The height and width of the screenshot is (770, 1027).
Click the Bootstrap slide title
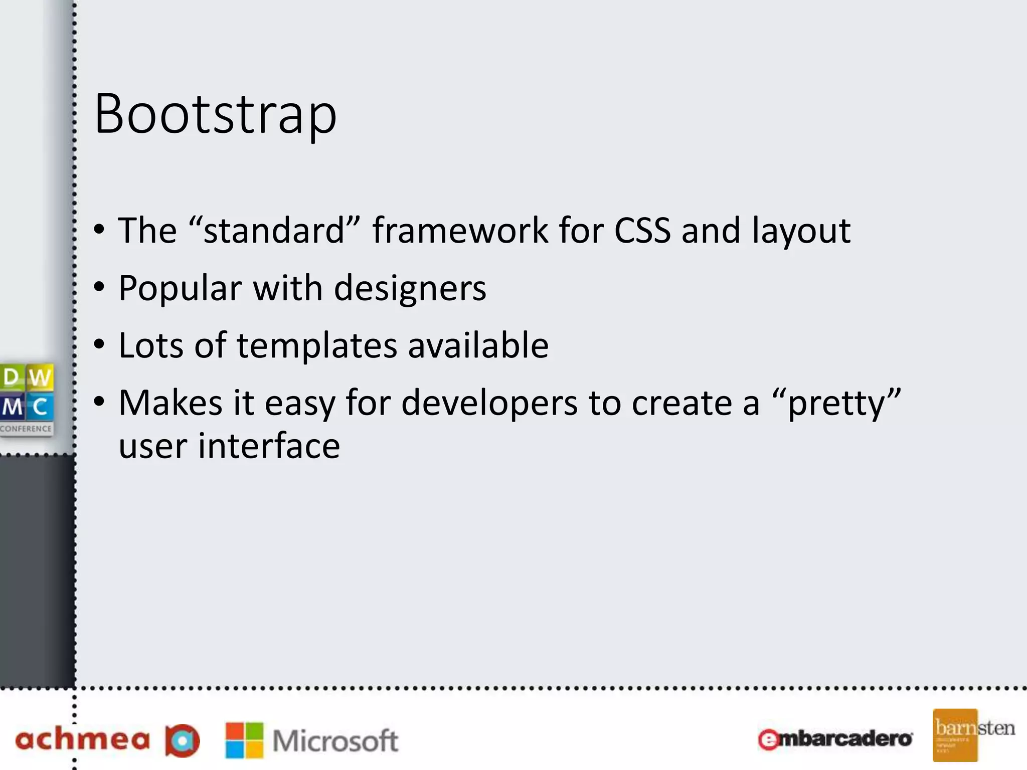coord(215,114)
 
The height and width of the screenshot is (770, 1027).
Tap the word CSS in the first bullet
coord(642,231)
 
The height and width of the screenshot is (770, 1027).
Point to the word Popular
coord(180,289)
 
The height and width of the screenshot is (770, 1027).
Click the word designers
coord(410,289)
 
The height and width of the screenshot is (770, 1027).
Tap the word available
coord(478,346)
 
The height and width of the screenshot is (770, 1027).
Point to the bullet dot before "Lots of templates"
coord(99,345)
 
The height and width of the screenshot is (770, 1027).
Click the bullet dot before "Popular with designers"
coord(99,287)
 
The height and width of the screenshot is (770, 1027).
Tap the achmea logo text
coord(83,740)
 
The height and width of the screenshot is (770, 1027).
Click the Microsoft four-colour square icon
coord(244,740)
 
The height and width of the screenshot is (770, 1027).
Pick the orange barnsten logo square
coord(955,735)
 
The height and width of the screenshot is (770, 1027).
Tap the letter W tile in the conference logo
coord(40,377)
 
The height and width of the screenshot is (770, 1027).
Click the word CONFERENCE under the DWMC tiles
coord(26,429)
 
